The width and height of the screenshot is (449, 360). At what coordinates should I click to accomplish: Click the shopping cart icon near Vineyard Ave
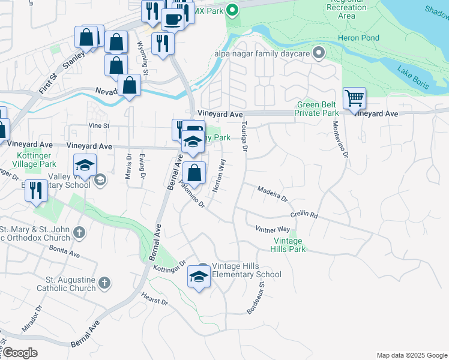tap(354, 98)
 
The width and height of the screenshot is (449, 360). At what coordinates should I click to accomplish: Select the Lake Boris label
tap(412, 77)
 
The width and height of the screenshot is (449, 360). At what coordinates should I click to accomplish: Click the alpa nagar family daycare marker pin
tap(319, 53)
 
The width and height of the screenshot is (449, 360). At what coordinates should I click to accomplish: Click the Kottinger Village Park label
tap(34, 160)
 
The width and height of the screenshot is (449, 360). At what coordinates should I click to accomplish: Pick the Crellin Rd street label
tap(303, 214)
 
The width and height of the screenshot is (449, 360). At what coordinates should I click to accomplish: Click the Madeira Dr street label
tap(273, 193)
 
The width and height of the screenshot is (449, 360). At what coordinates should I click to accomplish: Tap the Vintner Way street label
tap(273, 229)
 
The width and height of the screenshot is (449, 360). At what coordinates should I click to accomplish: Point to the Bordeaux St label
tap(256, 298)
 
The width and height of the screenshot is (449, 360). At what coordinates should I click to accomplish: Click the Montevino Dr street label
tap(340, 140)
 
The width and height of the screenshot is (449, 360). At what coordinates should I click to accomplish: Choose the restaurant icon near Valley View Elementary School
tap(37, 191)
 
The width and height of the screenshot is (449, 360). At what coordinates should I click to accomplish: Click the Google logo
tap(20, 353)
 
